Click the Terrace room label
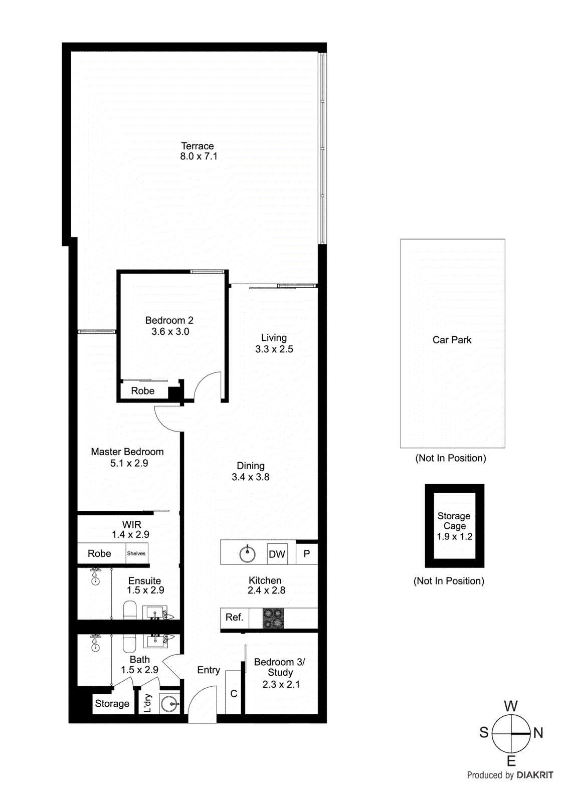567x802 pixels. tap(197, 146)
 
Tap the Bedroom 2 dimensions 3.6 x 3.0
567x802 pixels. tap(170, 331)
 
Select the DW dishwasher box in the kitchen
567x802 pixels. tap(277, 554)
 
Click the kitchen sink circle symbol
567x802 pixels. tap(247, 554)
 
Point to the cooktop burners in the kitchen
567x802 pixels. tap(273, 618)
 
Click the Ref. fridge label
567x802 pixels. tap(234, 617)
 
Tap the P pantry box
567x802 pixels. tap(307, 554)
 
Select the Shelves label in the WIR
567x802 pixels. tap(136, 553)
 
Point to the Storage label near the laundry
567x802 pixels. tap(112, 703)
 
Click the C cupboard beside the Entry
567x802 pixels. tap(234, 694)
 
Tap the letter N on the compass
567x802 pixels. tap(538, 733)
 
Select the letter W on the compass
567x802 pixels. tap(510, 706)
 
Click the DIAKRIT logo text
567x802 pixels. tap(534, 775)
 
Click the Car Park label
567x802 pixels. tap(452, 340)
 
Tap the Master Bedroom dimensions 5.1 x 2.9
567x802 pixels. tap(129, 463)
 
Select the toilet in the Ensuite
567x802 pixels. tap(130, 610)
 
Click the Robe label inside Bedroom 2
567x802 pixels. tap(142, 391)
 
